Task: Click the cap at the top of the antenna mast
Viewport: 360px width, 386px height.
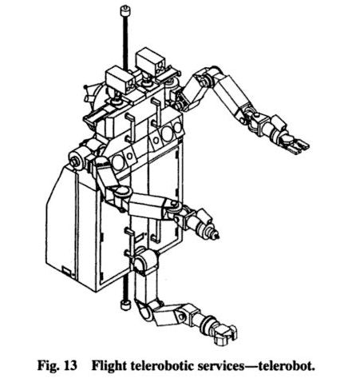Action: click(x=125, y=11)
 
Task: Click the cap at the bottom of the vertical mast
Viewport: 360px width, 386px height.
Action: click(x=125, y=304)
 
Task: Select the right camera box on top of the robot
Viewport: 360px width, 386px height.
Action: click(x=151, y=62)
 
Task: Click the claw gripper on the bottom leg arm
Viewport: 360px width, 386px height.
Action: click(x=224, y=335)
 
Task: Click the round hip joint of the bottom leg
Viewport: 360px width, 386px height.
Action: click(x=144, y=260)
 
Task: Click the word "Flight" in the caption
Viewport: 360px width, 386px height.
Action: click(x=109, y=365)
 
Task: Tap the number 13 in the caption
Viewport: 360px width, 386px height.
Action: click(x=69, y=365)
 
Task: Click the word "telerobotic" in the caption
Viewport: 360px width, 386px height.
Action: click(x=162, y=365)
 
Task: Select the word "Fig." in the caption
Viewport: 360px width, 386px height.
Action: click(x=48, y=366)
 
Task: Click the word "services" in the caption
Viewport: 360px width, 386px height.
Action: click(x=220, y=366)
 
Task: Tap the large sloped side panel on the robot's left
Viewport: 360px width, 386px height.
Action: click(x=60, y=217)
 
